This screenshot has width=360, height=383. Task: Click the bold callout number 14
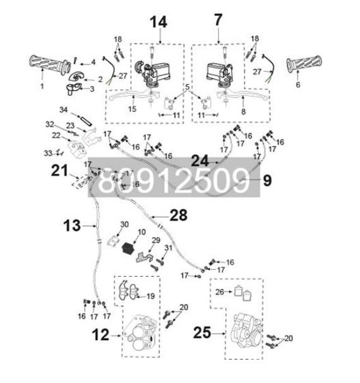(158, 21)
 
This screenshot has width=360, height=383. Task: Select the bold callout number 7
(219, 20)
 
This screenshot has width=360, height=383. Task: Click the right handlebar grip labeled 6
(306, 65)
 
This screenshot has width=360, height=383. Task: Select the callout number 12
(100, 335)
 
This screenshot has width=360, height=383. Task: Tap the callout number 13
(71, 224)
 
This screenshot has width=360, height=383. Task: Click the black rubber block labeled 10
(130, 248)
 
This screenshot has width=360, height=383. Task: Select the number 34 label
(63, 109)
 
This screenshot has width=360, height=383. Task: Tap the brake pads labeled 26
(243, 291)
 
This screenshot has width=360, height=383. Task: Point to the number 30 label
(124, 224)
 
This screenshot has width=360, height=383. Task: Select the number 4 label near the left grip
(93, 61)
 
